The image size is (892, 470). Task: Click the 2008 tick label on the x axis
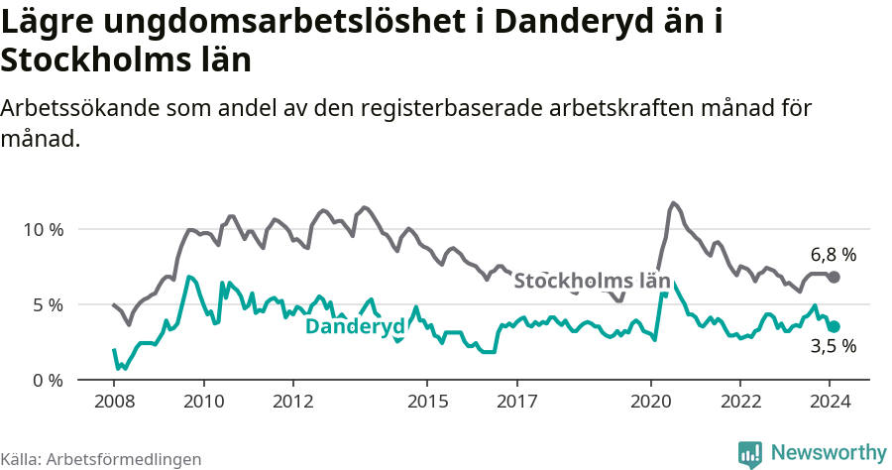pyautogui.click(x=114, y=402)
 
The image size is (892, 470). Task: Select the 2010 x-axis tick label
pyautogui.click(x=204, y=402)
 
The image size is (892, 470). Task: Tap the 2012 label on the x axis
pyautogui.click(x=293, y=402)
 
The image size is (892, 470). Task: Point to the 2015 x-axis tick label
pyautogui.click(x=427, y=402)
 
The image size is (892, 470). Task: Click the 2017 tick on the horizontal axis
pyautogui.click(x=517, y=402)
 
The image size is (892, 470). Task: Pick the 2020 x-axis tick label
pyautogui.click(x=651, y=402)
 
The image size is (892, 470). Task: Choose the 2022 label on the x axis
pyautogui.click(x=740, y=402)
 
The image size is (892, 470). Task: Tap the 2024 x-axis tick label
pyautogui.click(x=831, y=402)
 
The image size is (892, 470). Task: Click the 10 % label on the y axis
pyautogui.click(x=43, y=229)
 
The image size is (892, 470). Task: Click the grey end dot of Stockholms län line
pyautogui.click(x=834, y=277)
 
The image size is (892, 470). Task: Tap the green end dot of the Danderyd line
pyautogui.click(x=835, y=326)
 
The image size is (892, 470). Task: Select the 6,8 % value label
pyautogui.click(x=833, y=254)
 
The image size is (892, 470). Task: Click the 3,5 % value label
pyautogui.click(x=833, y=347)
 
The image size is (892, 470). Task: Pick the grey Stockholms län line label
pyautogui.click(x=592, y=281)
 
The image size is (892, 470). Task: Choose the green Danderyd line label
pyautogui.click(x=354, y=327)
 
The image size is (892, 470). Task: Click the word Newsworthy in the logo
pyautogui.click(x=829, y=452)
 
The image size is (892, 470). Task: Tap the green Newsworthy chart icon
pyautogui.click(x=750, y=453)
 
